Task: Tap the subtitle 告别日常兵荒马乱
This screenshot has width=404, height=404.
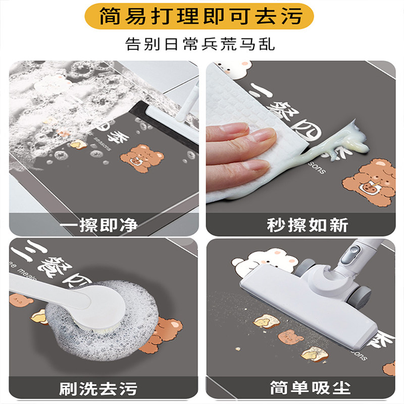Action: pyautogui.click(x=202, y=44)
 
